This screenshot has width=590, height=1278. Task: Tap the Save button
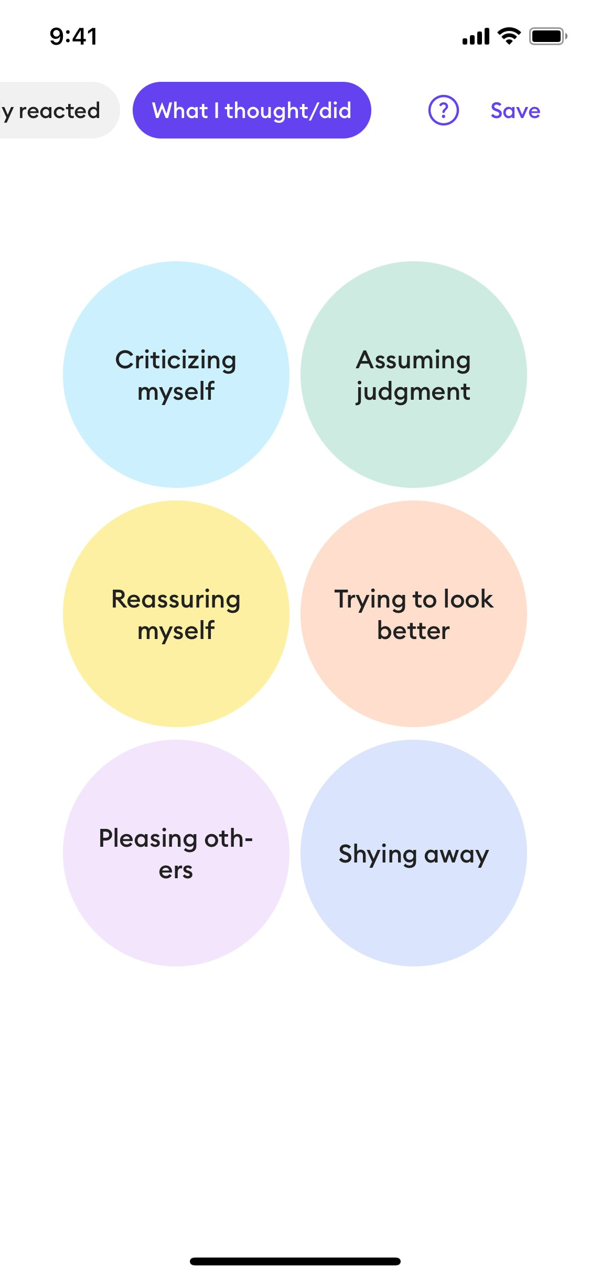pos(515,111)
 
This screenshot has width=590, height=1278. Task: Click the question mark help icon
pos(444,110)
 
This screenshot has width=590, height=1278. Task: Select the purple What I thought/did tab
pos(252,110)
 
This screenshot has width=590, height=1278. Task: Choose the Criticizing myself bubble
pos(176,375)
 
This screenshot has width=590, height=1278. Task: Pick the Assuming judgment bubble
pos(414,375)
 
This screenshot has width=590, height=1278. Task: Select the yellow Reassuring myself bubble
pos(176,614)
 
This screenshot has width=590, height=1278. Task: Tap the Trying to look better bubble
pos(414,614)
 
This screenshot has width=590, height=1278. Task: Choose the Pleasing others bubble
pos(176,853)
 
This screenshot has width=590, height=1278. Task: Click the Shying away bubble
pos(414,853)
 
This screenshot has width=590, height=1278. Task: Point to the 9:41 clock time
pos(73,36)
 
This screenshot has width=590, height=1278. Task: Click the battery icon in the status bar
pos(548,36)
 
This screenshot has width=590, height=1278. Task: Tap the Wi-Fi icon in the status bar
pos(509,36)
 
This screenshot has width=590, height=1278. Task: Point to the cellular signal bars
pos(476,37)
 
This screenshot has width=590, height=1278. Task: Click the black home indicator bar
pos(295,1261)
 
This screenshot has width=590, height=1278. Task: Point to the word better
pos(413,631)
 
